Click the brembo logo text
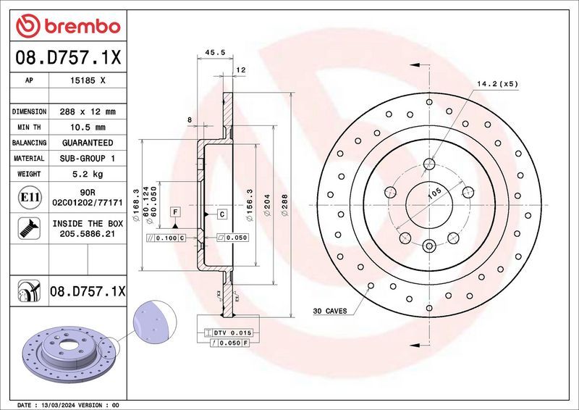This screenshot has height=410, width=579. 77,27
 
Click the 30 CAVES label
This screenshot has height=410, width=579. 329,311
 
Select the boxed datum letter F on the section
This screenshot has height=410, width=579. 174,211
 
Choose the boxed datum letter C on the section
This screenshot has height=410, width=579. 221,214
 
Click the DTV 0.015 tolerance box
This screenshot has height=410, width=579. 231,332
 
